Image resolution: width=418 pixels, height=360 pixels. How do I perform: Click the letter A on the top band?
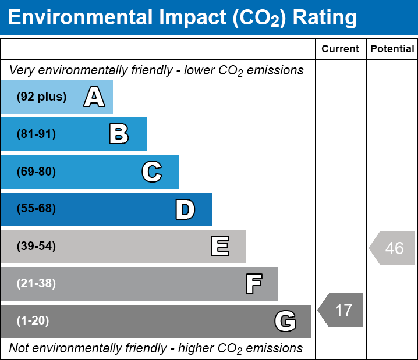click(94, 97)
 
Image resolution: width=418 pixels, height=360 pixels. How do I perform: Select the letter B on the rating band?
click(119, 134)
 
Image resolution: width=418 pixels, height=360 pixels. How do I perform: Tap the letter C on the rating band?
click(152, 172)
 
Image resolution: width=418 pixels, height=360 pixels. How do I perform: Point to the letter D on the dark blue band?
click(185, 209)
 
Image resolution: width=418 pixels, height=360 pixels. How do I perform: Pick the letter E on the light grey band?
click(220, 246)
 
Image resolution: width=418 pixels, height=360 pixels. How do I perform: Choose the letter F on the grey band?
click(254, 284)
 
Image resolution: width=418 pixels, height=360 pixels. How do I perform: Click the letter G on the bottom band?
click(285, 321)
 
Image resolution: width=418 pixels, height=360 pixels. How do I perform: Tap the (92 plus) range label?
click(41, 97)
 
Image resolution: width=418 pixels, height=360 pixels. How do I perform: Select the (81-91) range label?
click(36, 134)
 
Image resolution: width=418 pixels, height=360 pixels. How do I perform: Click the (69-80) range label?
click(36, 172)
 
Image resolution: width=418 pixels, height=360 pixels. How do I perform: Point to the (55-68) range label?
click(36, 208)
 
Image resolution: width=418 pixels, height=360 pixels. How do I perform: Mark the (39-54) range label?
click(36, 247)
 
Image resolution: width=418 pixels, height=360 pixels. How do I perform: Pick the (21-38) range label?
click(36, 284)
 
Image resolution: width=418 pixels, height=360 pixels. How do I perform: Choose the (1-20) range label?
click(33, 321)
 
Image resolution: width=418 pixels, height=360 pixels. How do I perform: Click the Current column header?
click(340, 49)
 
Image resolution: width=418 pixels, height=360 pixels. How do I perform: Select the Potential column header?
click(392, 49)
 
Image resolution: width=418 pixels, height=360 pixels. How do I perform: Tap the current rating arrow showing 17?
click(341, 310)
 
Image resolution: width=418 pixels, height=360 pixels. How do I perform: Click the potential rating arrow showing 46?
click(392, 248)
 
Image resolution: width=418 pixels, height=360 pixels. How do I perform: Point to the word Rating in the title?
click(325, 18)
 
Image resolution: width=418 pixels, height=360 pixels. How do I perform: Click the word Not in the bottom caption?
click(19, 348)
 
